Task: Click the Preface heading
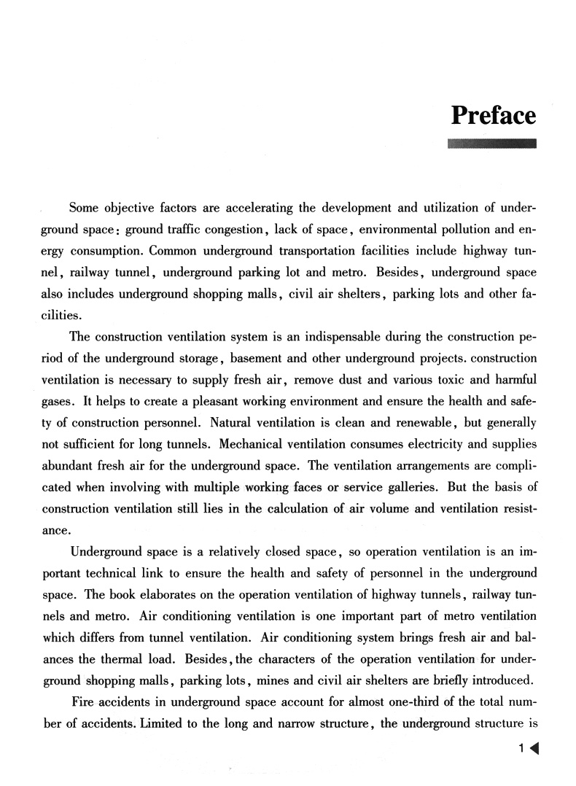pyautogui.click(x=494, y=116)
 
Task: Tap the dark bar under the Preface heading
pyautogui.click(x=492, y=143)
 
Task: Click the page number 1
pyautogui.click(x=521, y=749)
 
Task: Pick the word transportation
pyautogui.click(x=320, y=252)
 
